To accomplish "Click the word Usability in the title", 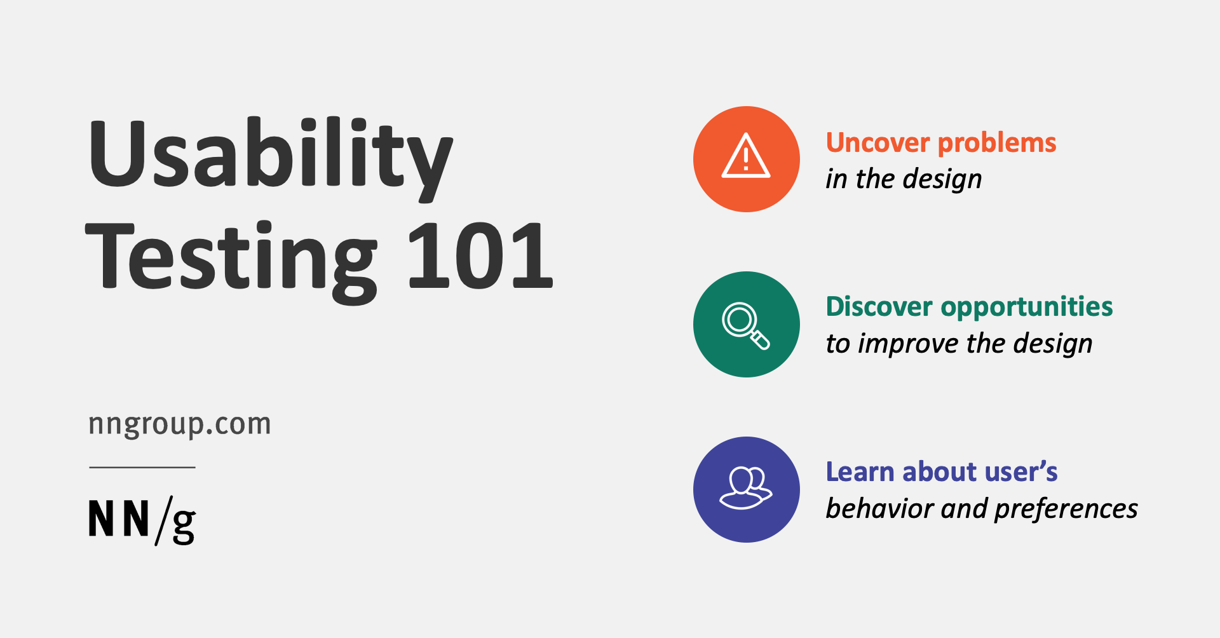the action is [x=271, y=159].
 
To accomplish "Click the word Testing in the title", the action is [x=231, y=261].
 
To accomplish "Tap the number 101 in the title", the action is [x=480, y=256].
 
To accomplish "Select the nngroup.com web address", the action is [x=180, y=424].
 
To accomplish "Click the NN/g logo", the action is [x=142, y=520].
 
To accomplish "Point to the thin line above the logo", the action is [x=142, y=467].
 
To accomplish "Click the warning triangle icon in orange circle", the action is [x=746, y=156].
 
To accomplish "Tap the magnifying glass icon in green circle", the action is [x=745, y=326].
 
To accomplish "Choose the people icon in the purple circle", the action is [x=745, y=488].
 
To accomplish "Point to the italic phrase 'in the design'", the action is [x=904, y=179].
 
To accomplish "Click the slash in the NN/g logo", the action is [x=163, y=520].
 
